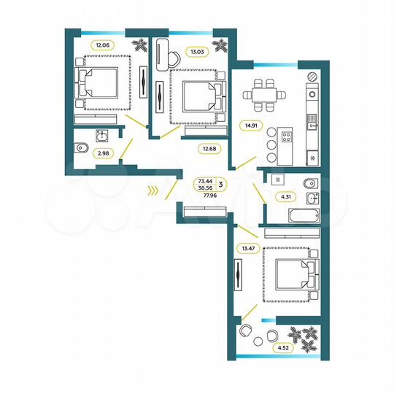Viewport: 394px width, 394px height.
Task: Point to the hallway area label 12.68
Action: coord(211,150)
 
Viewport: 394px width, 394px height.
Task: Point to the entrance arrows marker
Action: coord(152,192)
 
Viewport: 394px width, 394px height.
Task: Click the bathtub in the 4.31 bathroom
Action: coord(293,217)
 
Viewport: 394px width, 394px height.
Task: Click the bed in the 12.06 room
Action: coord(98,82)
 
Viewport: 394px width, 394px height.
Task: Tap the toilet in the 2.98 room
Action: coord(80,149)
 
